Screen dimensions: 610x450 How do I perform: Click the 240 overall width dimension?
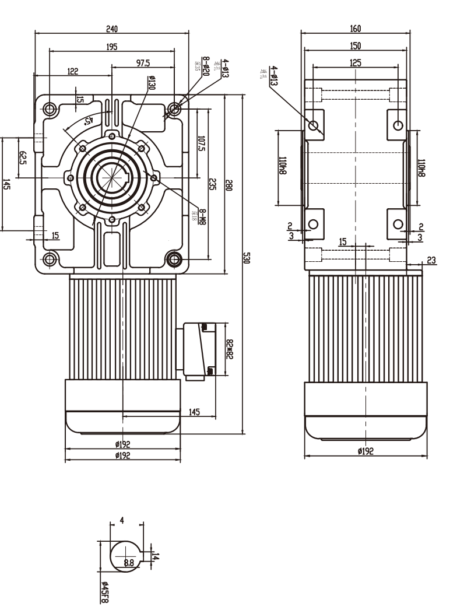click(112, 27)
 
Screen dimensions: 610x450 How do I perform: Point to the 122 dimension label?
click(73, 71)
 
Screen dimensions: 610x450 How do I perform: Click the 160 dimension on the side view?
click(356, 27)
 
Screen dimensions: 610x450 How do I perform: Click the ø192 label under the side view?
click(365, 450)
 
